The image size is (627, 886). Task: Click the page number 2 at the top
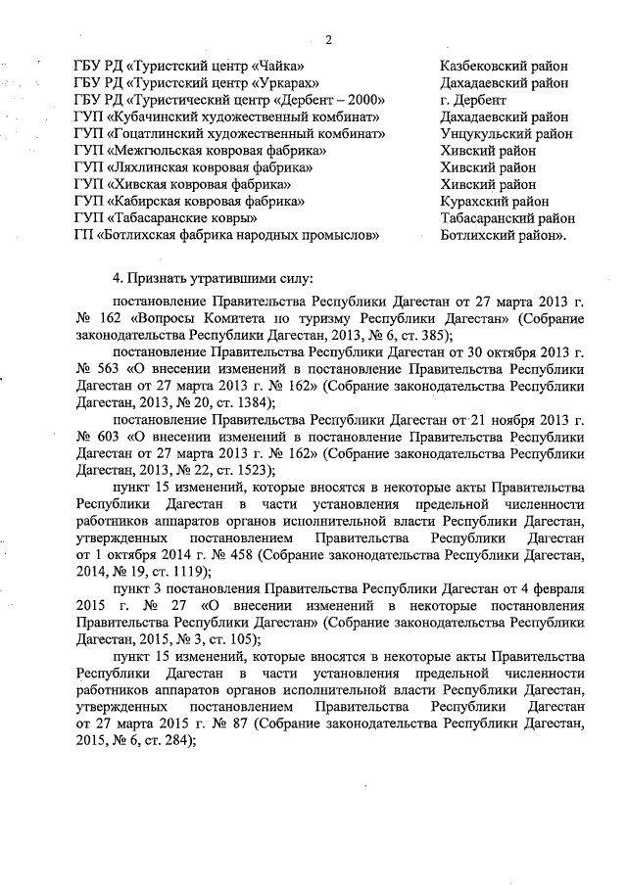(x=328, y=40)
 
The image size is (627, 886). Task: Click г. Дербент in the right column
(x=473, y=100)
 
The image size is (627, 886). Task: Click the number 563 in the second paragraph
(x=113, y=368)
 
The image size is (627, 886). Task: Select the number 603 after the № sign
(x=113, y=437)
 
